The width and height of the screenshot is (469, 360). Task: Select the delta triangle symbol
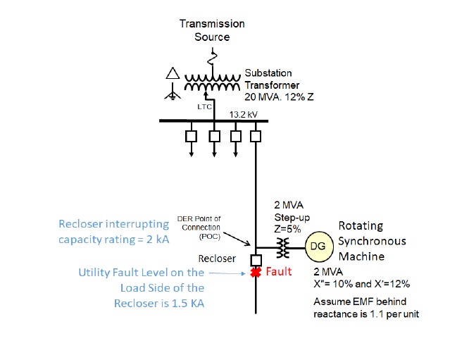coord(172,73)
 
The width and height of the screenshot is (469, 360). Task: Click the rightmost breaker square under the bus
coord(256,135)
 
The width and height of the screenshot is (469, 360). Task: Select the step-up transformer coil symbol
coord(283,248)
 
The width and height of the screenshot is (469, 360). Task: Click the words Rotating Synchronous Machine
coord(373,242)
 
